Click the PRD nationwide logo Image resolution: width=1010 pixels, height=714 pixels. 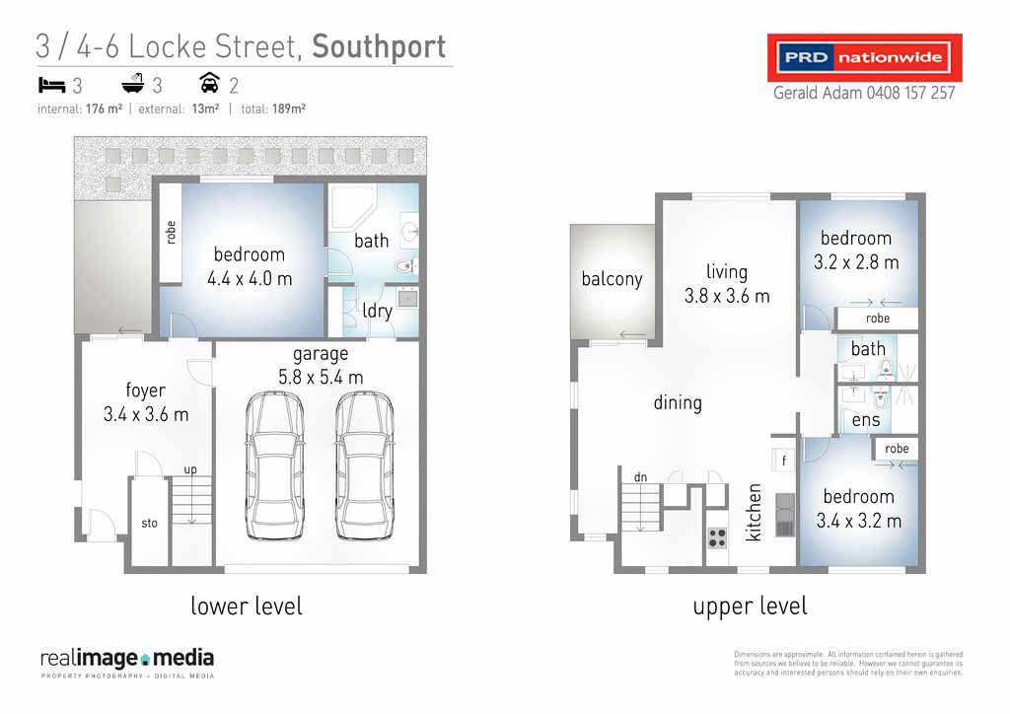pos(864,58)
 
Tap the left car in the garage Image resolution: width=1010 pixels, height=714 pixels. pos(275,465)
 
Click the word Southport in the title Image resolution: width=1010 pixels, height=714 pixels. pos(379,46)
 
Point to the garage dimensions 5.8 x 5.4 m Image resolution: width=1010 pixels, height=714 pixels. pos(321,377)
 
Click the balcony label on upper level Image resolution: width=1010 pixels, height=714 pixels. pos(612,279)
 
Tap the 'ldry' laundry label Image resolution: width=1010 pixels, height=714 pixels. pos(377,311)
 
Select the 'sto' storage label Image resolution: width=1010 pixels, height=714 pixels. pos(150,524)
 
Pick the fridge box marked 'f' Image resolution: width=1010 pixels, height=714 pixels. pos(784,461)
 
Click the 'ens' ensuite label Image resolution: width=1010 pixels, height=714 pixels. pos(866,421)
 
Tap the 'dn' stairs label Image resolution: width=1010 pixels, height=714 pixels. pos(640,477)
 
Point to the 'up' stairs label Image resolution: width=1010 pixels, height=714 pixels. pos(191,469)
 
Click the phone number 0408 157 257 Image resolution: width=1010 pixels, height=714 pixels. pos(910,94)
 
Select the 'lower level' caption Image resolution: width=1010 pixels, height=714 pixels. pos(247,606)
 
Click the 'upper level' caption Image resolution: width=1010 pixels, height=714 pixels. pos(750,606)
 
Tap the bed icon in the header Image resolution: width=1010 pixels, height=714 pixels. pos(51,83)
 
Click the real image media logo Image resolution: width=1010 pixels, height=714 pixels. pos(126,661)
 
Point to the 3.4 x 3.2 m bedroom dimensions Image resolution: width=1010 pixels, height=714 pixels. pos(858,521)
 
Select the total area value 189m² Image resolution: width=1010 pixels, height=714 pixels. pos(289,108)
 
